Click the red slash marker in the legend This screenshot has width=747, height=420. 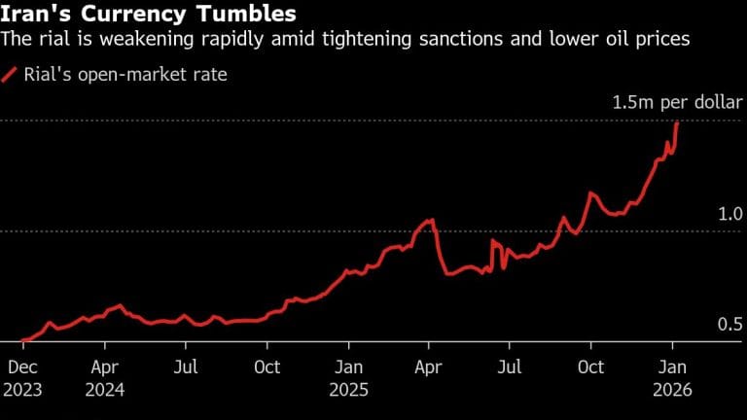(x=11, y=75)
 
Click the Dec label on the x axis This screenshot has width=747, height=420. (x=22, y=367)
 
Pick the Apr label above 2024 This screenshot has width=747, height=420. (x=105, y=367)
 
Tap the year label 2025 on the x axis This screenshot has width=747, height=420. (x=349, y=389)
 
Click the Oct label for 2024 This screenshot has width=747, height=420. (x=267, y=367)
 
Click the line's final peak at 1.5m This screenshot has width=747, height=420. (x=677, y=122)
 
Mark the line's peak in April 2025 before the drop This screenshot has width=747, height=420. (x=429, y=222)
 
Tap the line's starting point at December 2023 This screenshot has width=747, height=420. (x=21, y=340)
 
